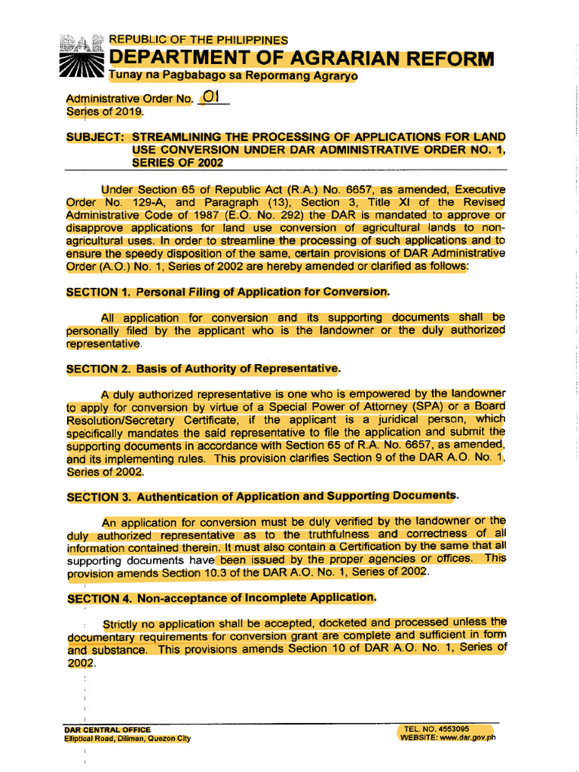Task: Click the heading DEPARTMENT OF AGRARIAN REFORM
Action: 302,59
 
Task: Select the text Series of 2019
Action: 104,112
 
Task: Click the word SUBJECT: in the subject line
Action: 96,137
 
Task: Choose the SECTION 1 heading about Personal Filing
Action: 228,292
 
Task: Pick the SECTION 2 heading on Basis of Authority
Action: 204,369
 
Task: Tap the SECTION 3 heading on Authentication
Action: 262,496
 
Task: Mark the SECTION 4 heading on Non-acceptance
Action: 221,598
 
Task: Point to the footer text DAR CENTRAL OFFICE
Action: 108,730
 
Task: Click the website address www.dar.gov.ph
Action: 468,738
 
